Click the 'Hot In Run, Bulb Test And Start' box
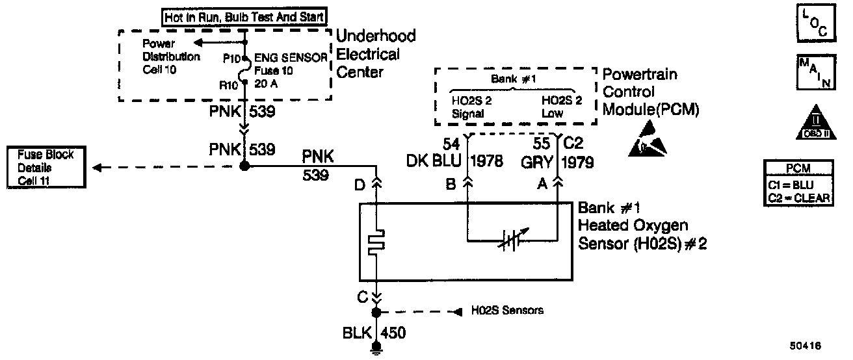244,17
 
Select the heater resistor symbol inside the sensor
375,240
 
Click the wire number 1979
579,162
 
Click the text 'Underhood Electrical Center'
375,53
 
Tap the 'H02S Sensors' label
507,311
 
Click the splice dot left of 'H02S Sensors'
376,313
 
